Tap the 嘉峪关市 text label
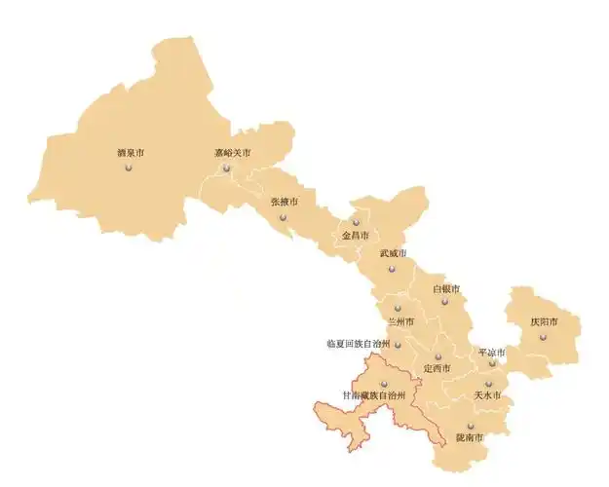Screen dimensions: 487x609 233,153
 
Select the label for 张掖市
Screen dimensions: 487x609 285,202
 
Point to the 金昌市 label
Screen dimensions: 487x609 354,236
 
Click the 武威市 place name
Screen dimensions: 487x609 392,253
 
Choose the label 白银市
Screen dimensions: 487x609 445,289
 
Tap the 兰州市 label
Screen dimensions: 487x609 400,321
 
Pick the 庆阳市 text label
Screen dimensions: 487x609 544,321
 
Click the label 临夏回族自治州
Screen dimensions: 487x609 358,344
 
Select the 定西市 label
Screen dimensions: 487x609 437,368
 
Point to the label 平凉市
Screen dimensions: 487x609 491,352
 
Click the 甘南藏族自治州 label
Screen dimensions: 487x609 372,395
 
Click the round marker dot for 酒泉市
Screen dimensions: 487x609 129,168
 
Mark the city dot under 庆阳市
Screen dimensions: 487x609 543,336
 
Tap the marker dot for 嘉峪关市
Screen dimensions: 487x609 227,168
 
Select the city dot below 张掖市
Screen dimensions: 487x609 284,216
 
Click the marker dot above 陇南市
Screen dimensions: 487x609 470,426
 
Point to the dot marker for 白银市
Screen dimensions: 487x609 444,302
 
